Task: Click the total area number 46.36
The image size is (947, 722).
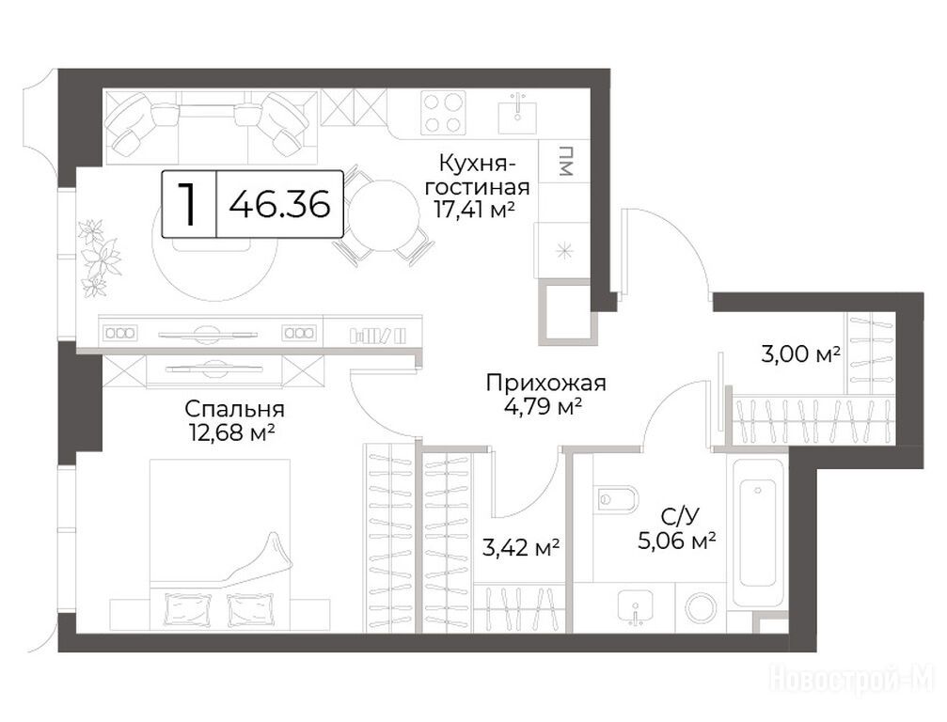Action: click(280, 203)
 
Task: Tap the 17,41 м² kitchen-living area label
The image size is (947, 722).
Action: click(475, 210)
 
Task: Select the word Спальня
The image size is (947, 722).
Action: click(234, 410)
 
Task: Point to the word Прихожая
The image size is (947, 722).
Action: click(546, 383)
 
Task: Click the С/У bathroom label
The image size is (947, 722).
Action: click(679, 517)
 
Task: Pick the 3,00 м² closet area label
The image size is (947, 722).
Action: click(801, 353)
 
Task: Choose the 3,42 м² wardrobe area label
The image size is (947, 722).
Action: click(521, 547)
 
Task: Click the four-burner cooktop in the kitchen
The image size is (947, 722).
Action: click(443, 112)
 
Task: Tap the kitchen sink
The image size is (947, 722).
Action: click(517, 114)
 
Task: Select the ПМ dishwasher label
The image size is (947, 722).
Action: click(564, 161)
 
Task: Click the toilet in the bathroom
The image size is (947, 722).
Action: click(616, 499)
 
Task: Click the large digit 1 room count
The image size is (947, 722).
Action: click(189, 204)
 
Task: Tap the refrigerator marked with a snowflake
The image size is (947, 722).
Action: click(563, 250)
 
